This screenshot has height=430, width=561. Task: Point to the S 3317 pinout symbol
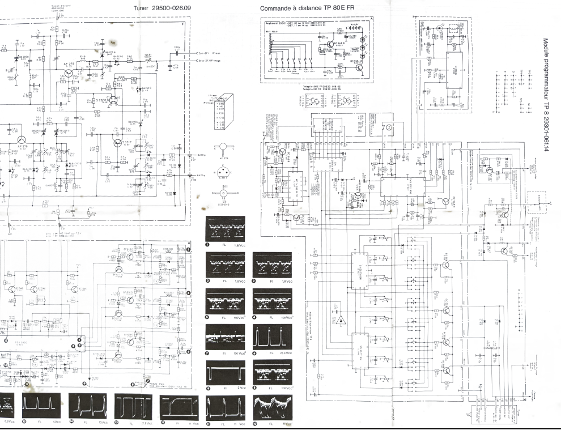coord(223,172)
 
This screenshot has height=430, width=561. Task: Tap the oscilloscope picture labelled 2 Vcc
coord(225,373)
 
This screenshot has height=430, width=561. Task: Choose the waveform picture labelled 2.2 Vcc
coord(133,406)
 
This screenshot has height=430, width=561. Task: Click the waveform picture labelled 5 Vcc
coord(41,406)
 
